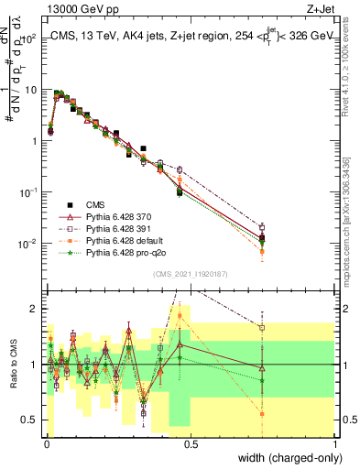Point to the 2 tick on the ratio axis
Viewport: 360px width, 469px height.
tap(34, 309)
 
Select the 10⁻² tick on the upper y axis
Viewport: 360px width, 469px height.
tap(28, 244)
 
